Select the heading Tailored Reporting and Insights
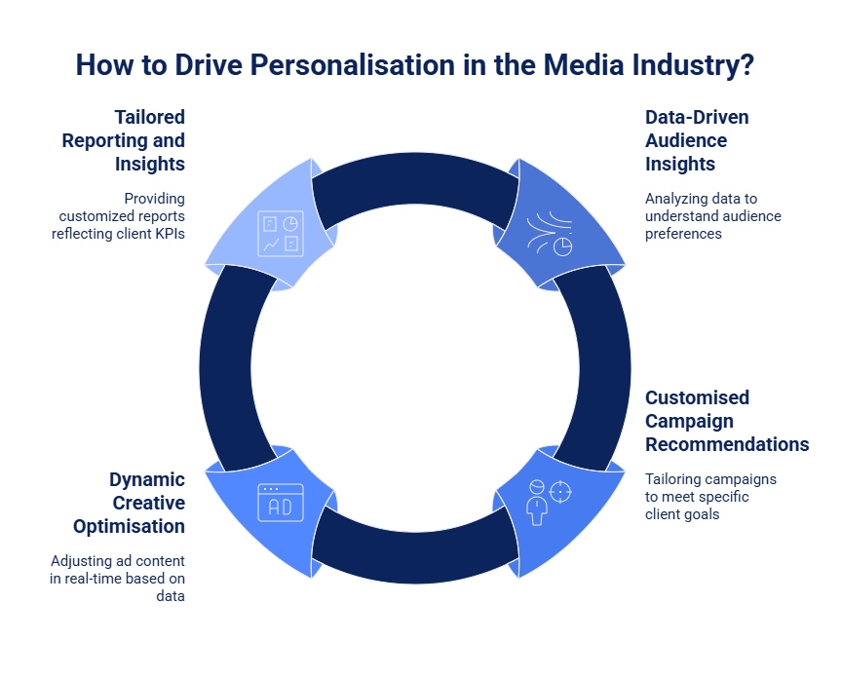(x=124, y=140)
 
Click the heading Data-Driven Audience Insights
(x=699, y=140)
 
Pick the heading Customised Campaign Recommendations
(x=727, y=421)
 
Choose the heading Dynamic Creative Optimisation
(x=129, y=503)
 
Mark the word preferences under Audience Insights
(x=683, y=234)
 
